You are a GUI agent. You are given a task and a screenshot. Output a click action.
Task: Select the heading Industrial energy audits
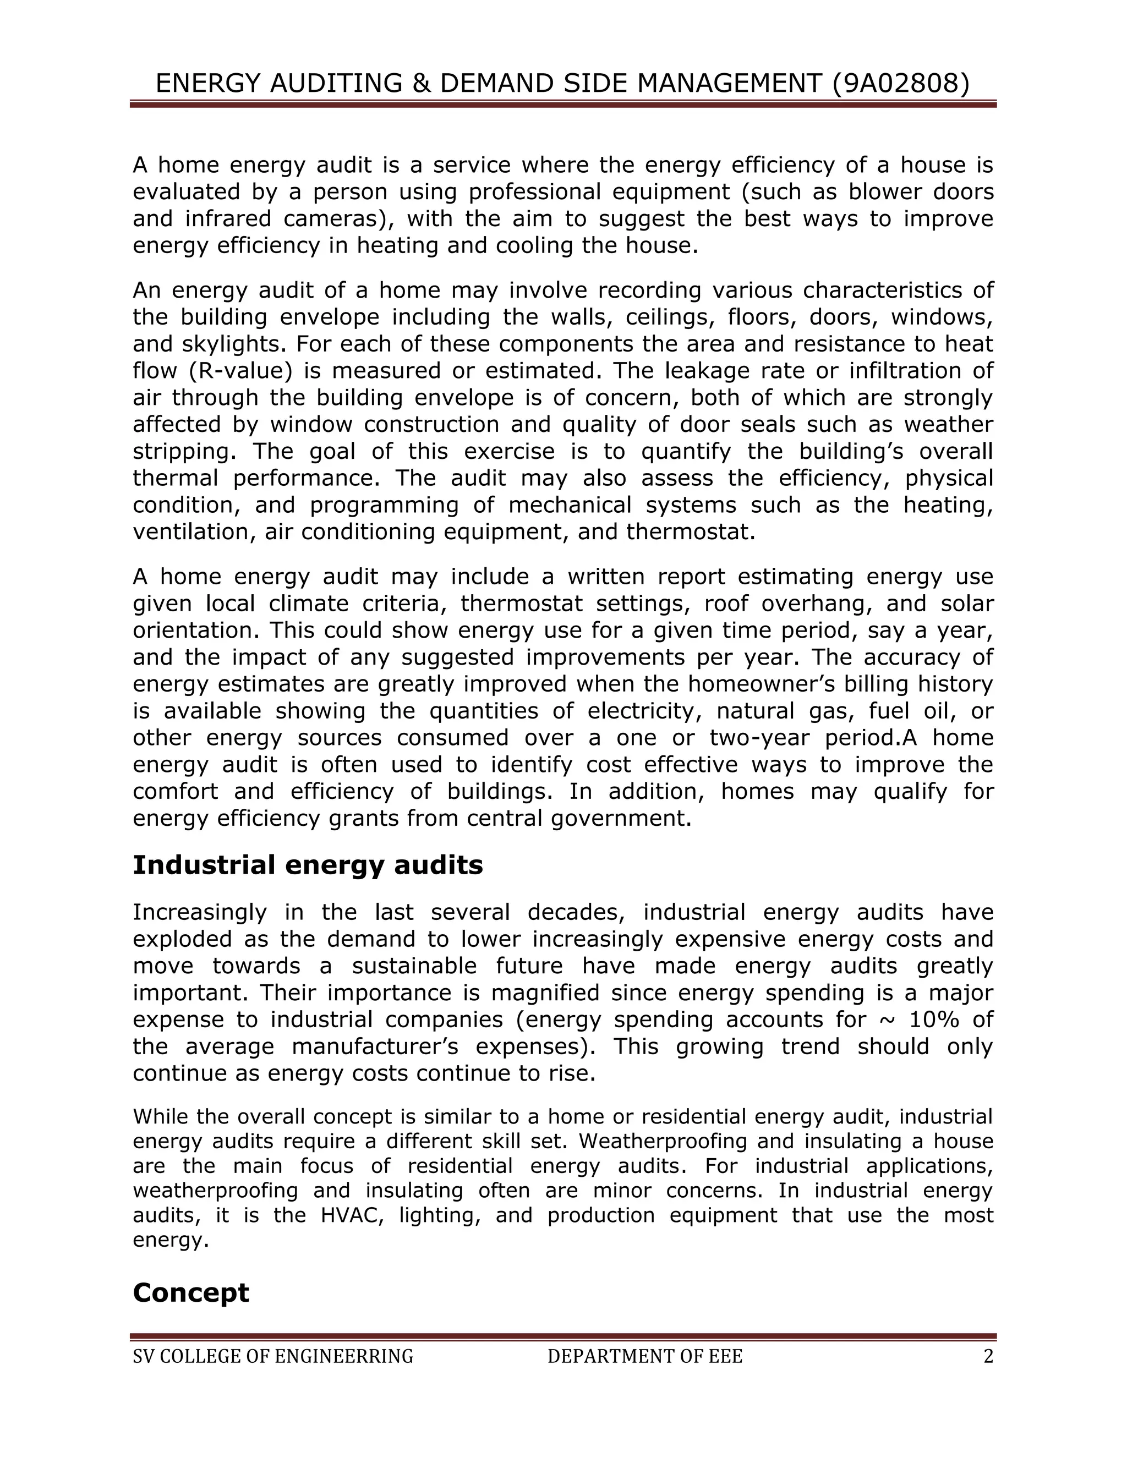(308, 865)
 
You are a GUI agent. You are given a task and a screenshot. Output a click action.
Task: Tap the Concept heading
(191, 1292)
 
